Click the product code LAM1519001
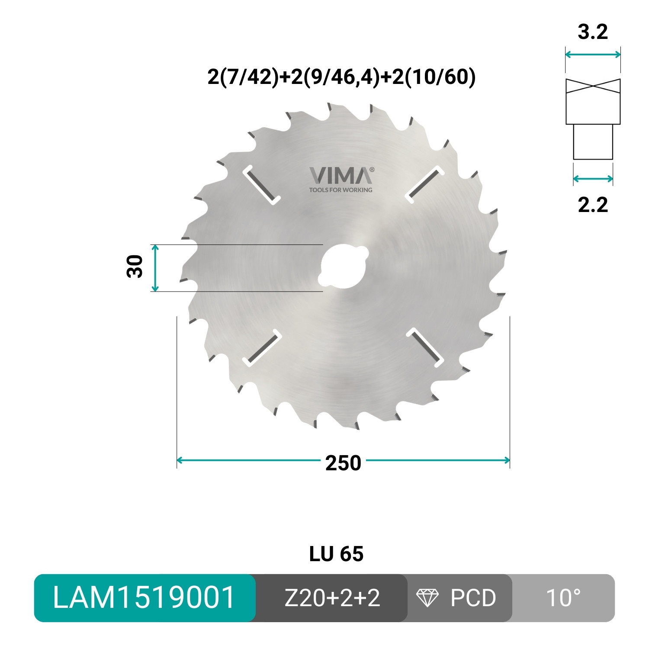[x=144, y=598]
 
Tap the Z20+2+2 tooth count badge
[x=332, y=598]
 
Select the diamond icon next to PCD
[x=427, y=598]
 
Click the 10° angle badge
[x=563, y=598]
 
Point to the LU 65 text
[x=336, y=554]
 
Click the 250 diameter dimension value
[x=343, y=463]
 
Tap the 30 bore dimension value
[x=135, y=267]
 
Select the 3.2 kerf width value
[x=593, y=32]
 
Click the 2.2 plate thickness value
[x=593, y=205]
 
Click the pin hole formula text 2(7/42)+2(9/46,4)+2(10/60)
[x=341, y=77]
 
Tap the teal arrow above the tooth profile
[x=593, y=55]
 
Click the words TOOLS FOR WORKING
[x=341, y=190]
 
